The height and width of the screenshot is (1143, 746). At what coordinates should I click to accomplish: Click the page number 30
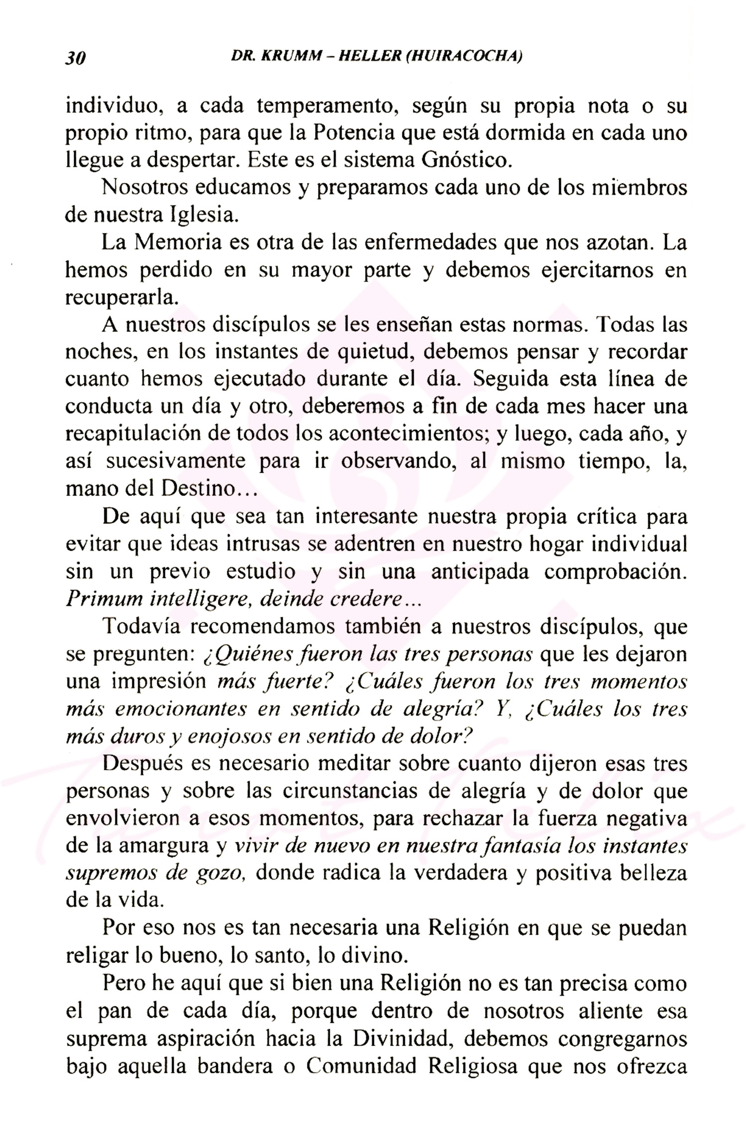[x=76, y=59]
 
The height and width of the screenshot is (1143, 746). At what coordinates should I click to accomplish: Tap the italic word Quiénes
[x=243, y=655]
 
